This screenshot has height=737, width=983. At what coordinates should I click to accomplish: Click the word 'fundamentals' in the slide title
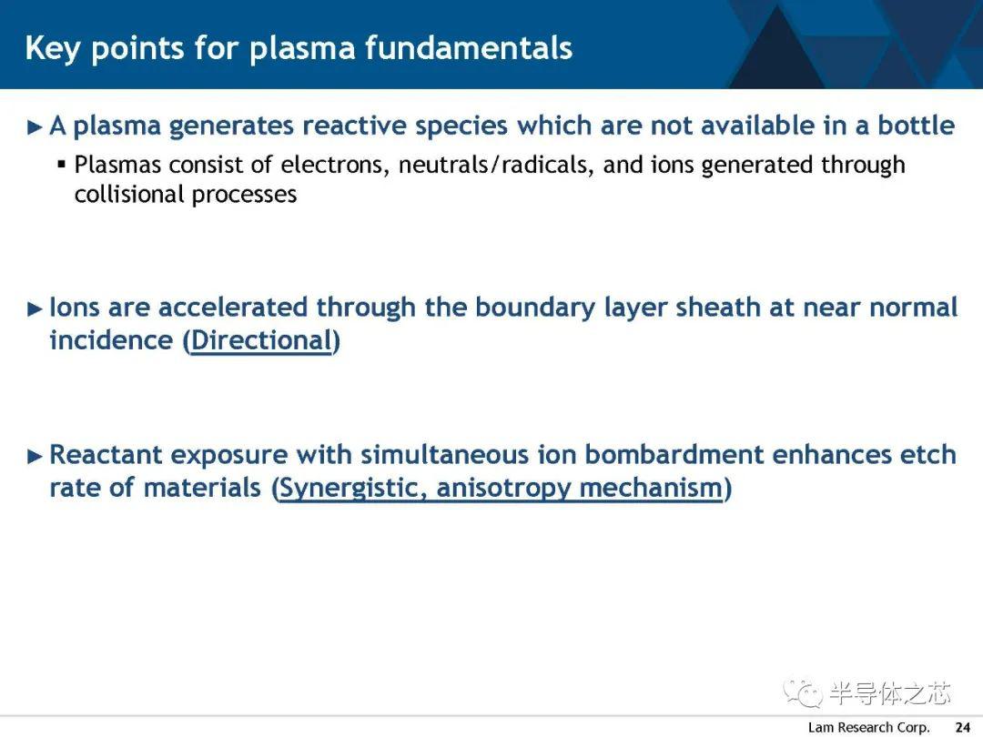469,47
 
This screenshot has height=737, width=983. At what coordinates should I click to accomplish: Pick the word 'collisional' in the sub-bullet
129,194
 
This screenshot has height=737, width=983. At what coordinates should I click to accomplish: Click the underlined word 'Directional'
261,340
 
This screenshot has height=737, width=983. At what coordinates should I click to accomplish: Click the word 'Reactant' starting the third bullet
106,454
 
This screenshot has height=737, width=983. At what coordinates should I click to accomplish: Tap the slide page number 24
963,727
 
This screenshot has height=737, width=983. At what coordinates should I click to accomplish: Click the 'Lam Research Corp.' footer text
868,727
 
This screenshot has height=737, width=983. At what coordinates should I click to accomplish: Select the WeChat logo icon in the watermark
802,692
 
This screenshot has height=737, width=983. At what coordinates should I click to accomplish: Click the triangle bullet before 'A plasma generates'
35,127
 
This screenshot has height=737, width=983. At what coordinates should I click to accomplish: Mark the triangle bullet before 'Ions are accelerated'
35,309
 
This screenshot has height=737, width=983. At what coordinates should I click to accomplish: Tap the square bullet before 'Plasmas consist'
62,165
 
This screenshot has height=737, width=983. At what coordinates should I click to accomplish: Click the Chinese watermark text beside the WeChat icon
890,693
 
